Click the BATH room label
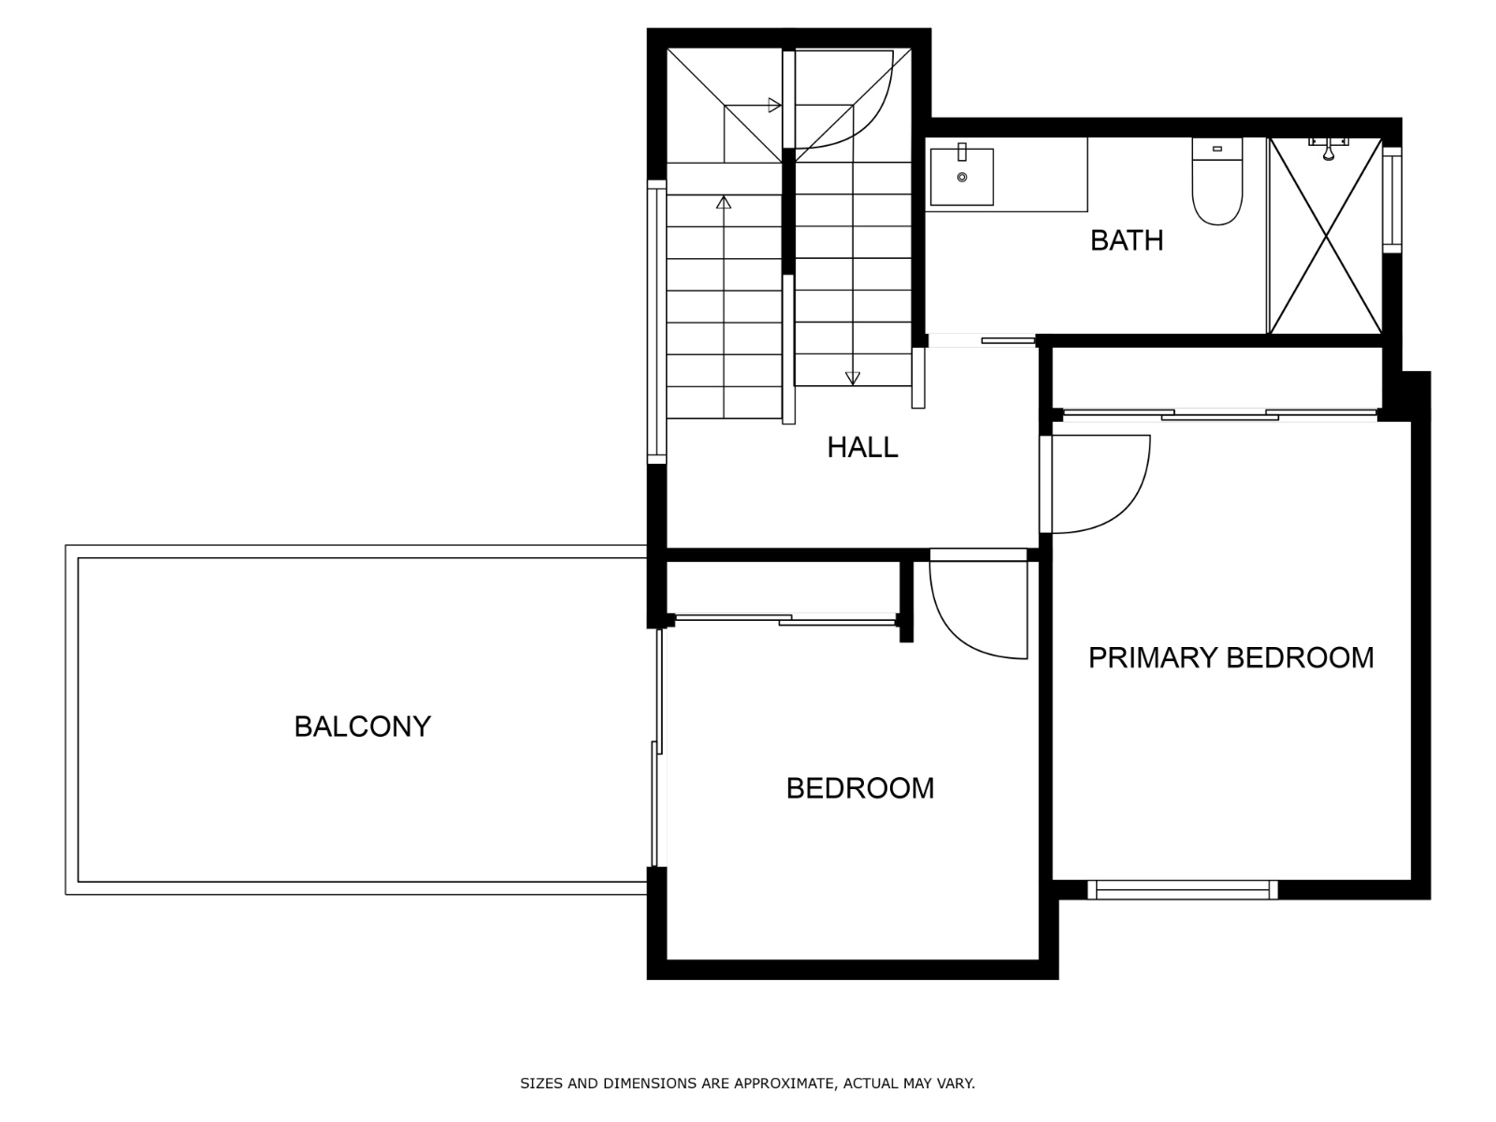point(1126,240)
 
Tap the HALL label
point(862,448)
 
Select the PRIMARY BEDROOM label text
point(1230,658)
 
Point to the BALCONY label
point(362,726)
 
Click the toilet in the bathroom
point(1216,180)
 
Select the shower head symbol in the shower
point(1329,148)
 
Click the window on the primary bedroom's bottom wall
point(1182,890)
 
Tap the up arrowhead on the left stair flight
point(724,202)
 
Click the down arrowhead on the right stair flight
point(853,378)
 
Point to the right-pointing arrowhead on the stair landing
point(774,105)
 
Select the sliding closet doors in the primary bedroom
point(1220,414)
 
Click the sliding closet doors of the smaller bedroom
point(785,619)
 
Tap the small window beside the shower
point(1391,199)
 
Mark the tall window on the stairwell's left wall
point(656,322)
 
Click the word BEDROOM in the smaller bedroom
point(860,789)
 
